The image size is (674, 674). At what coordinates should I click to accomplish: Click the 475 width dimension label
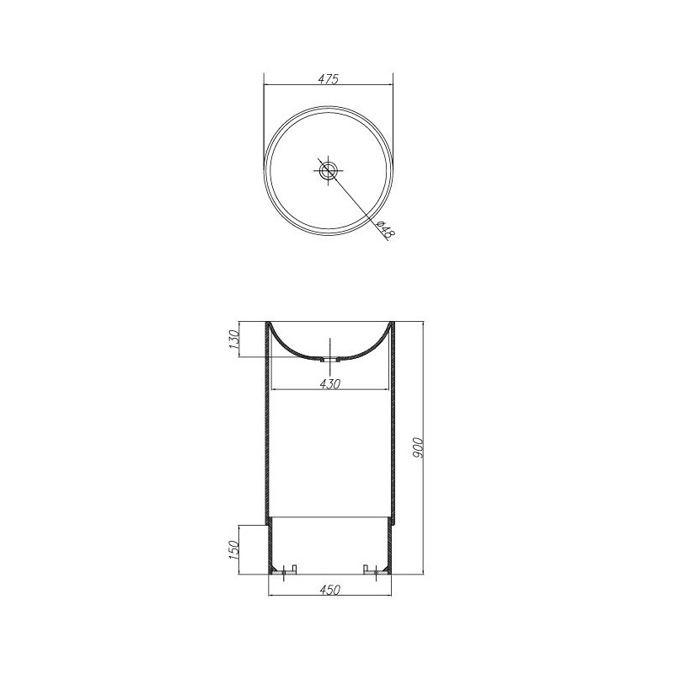point(329,79)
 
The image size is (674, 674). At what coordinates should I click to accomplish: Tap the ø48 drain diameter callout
point(385,229)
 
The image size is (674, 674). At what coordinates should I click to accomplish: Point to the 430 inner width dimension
point(329,384)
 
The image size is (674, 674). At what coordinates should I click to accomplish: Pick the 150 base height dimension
point(234,550)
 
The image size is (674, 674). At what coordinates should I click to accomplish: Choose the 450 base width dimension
point(329,589)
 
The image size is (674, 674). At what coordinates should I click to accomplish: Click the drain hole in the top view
point(329,170)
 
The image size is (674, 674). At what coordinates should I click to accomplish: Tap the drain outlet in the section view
point(329,360)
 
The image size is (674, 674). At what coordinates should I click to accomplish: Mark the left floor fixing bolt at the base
point(283,573)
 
